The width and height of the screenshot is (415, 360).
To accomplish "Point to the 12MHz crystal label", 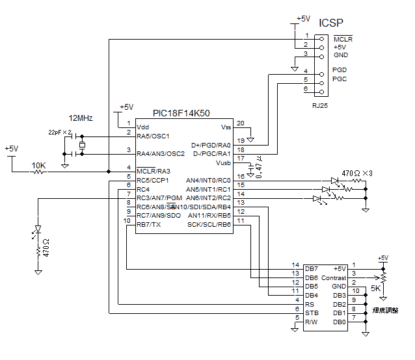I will coord(81,118).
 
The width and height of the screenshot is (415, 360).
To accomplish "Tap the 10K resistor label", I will coord(39,166).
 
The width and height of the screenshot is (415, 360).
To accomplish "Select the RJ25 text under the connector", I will coord(320,105).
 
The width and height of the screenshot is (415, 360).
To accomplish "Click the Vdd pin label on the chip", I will coord(143,127).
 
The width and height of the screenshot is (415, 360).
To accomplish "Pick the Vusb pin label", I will coord(222,162).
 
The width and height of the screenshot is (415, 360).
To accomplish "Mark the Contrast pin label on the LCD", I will coord(334,277).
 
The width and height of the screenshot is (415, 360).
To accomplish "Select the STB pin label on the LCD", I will coord(312,313).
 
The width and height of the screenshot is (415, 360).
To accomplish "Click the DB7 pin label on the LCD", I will coord(312,268).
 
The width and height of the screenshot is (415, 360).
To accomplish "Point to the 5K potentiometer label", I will coord(377,288).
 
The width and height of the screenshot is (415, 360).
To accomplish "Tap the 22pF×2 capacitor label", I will coord(60,132).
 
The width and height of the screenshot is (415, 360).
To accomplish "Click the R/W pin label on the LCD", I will coord(312,322).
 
